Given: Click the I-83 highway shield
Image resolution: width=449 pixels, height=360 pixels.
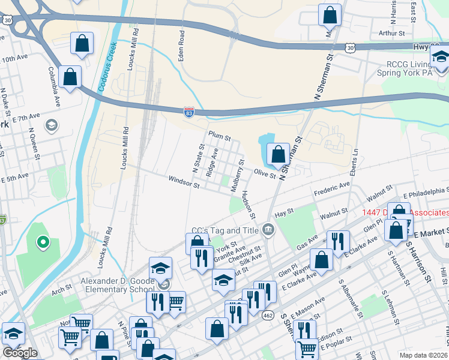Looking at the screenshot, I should pyautogui.click(x=188, y=111).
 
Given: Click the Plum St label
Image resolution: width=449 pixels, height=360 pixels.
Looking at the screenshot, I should pyautogui.click(x=220, y=137).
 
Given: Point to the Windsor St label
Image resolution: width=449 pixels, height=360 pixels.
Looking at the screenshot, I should pyautogui.click(x=184, y=180).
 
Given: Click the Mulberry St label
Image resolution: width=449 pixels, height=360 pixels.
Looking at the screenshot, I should pyautogui.click(x=238, y=175).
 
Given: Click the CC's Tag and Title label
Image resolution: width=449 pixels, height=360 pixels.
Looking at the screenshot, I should pyautogui.click(x=224, y=230).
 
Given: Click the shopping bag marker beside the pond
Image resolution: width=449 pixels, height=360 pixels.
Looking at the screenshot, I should pyautogui.click(x=279, y=154).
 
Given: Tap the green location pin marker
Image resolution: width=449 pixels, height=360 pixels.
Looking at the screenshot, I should pyautogui.click(x=43, y=242).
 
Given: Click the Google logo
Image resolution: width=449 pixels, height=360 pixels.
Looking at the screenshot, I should pyautogui.click(x=20, y=352).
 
